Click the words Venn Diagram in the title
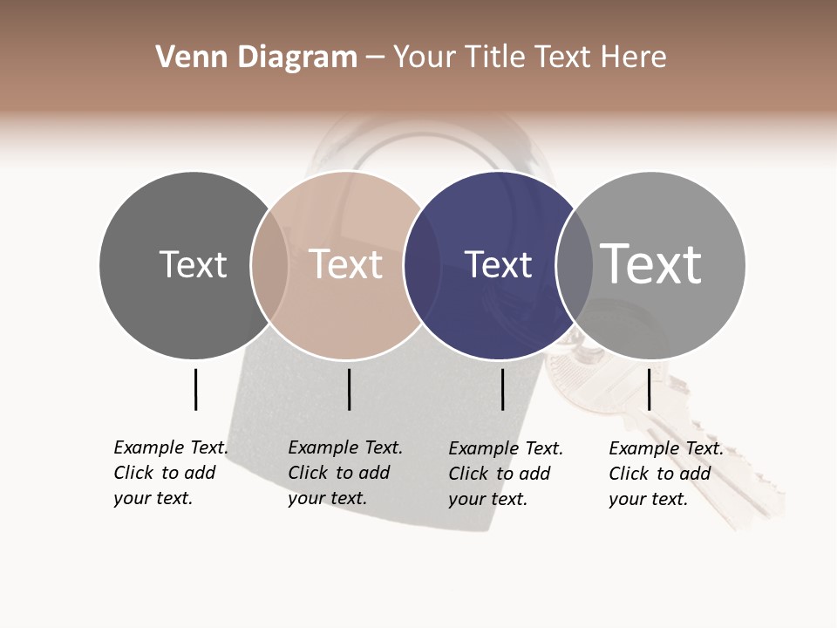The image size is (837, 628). tap(256, 58)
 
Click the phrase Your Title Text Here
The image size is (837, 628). tap(529, 58)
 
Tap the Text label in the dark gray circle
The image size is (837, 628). tap(193, 264)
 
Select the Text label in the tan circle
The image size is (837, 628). tap(346, 264)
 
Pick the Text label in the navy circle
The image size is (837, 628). tap(498, 264)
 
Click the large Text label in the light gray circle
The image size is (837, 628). tap(651, 263)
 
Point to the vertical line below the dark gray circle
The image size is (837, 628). tap(195, 389)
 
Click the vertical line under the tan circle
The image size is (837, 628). tap(349, 389)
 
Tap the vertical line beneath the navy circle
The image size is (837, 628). tap(502, 389)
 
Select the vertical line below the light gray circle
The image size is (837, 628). tap(649, 389)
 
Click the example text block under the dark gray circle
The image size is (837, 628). tap(171, 473)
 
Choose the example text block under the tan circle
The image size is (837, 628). tap(345, 473)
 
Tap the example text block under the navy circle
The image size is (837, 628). tap(506, 474)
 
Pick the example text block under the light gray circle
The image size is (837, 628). tap(666, 474)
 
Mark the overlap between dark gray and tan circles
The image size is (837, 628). tap(269, 265)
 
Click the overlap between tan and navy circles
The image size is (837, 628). tap(422, 265)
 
